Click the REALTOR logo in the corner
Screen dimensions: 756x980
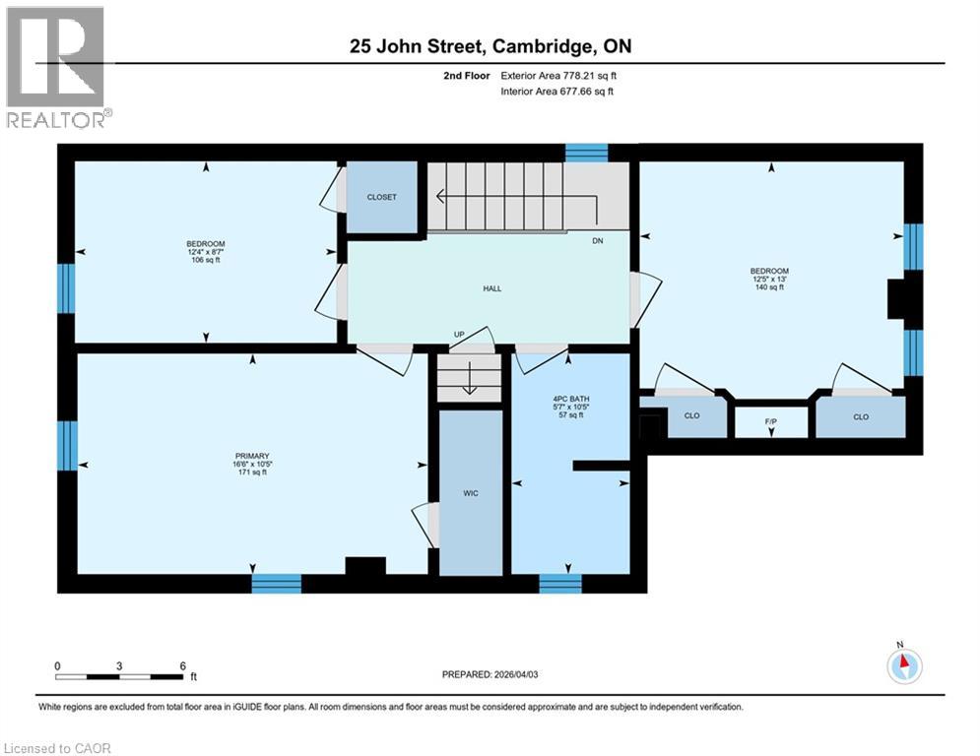[57, 67]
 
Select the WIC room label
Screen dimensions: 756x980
[471, 493]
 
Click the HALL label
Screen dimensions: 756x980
[491, 288]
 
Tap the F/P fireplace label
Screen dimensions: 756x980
[771, 421]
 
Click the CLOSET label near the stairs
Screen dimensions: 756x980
[381, 197]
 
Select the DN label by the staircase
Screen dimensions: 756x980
[597, 240]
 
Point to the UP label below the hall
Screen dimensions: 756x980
[459, 335]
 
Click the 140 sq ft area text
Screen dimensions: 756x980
[769, 287]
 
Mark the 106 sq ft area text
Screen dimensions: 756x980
[206, 261]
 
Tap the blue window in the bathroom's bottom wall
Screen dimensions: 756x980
[560, 584]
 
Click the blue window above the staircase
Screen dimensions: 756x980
[587, 153]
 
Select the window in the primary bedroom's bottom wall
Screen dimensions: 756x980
[276, 584]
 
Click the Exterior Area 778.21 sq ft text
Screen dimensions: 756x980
[558, 75]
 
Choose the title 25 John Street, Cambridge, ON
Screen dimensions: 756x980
[489, 46]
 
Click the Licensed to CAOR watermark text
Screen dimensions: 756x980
[58, 748]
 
